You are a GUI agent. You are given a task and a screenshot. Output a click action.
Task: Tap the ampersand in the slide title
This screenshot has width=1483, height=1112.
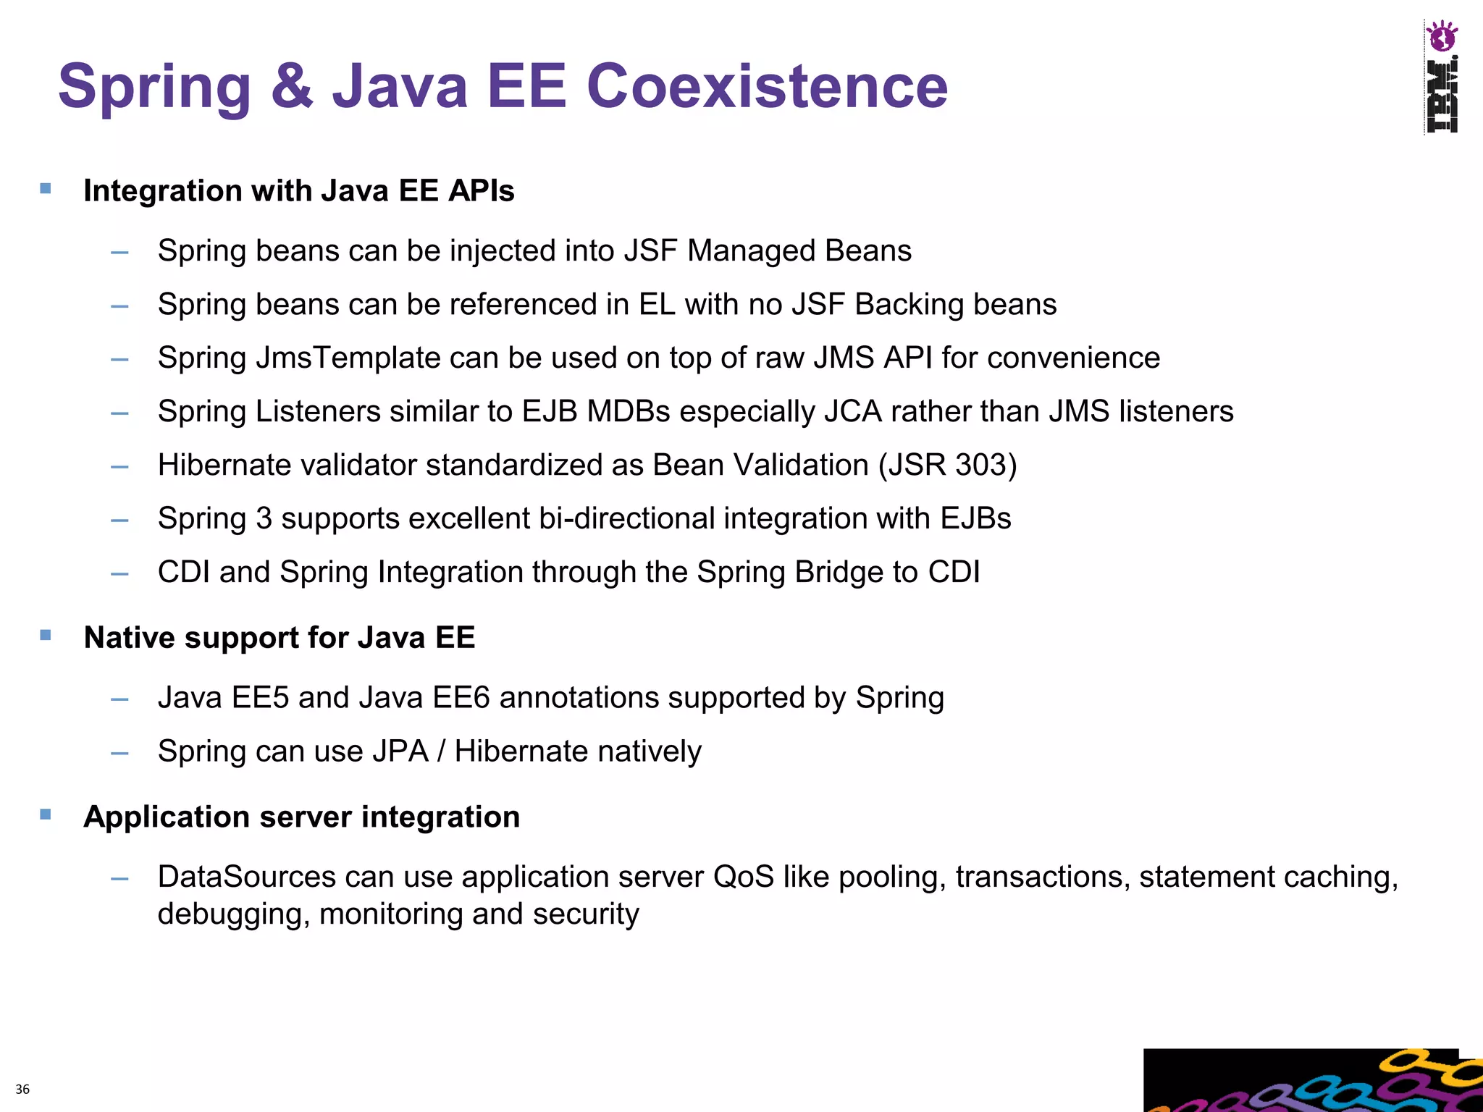pos(293,86)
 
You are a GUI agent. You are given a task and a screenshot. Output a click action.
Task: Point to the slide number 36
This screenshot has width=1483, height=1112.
pos(22,1089)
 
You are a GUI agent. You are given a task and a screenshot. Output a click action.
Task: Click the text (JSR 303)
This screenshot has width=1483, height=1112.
pos(948,465)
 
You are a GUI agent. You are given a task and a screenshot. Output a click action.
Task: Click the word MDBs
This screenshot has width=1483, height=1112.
pos(629,411)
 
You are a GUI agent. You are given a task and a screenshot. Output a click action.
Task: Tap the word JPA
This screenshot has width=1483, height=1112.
pos(400,751)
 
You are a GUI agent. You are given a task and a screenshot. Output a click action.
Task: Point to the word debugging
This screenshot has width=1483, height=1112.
pos(233,914)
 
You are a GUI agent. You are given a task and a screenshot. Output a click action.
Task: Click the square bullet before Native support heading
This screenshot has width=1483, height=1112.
pos(46,636)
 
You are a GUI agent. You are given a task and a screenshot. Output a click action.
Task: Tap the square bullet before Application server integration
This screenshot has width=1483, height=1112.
pos(46,814)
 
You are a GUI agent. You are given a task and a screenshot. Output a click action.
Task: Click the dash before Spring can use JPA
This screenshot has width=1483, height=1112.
pos(119,753)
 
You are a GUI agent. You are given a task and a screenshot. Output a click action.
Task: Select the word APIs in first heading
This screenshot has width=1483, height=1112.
pos(481,191)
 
